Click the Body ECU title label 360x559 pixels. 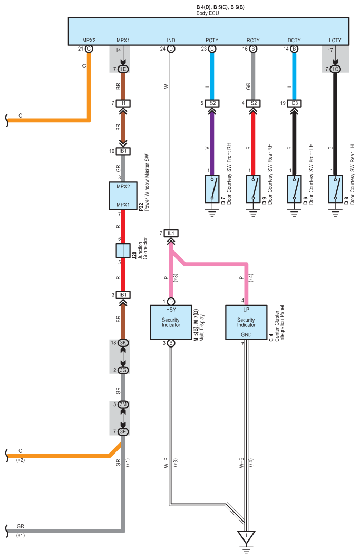[x=208, y=13]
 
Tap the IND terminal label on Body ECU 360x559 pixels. [x=171, y=40]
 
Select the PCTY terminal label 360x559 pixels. [x=212, y=40]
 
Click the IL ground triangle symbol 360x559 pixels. [x=246, y=537]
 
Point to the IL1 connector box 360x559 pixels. [x=171, y=233]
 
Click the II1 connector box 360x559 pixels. [x=123, y=103]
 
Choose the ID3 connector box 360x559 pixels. [x=294, y=103]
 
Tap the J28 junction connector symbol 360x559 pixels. [x=123, y=250]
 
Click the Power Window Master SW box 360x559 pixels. [x=123, y=196]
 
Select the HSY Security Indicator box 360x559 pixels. [x=171, y=322]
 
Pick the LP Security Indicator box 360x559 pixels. [x=246, y=322]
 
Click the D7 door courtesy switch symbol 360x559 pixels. [x=212, y=189]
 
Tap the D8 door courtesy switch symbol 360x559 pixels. [x=335, y=189]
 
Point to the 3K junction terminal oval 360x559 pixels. [x=123, y=343]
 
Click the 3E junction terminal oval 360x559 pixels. [x=123, y=432]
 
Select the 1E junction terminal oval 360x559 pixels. [x=123, y=69]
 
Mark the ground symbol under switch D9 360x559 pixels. [x=253, y=213]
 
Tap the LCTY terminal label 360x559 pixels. [x=335, y=40]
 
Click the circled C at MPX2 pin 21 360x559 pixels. [x=89, y=49]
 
